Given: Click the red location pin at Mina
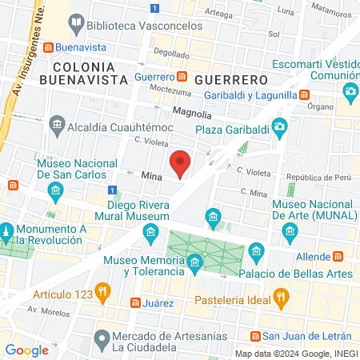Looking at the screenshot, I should click(181, 163).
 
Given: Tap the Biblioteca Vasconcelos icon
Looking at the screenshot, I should click(75, 22).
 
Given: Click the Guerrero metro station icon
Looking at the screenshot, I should click(182, 77).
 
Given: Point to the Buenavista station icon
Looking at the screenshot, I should click(49, 47).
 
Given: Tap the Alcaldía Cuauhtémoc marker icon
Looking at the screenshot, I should click(57, 124).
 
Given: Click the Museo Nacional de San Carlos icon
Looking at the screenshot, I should click(55, 190).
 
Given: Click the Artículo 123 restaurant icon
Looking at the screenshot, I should click(102, 290).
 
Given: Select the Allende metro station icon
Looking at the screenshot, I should click(338, 256).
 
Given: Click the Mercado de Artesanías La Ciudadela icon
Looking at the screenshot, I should click(101, 339).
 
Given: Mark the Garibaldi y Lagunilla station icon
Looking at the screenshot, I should click(304, 94).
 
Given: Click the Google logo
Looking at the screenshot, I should click(27, 350).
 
